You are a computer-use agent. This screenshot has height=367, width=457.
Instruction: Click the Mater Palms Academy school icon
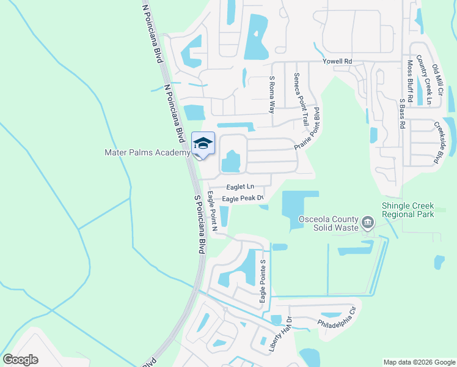coord(203,144)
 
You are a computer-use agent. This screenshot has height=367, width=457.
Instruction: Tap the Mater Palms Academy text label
coord(147,153)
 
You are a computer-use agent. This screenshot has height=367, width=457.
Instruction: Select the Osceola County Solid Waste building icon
coord(367,221)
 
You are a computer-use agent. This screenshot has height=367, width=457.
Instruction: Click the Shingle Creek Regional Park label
coord(408,210)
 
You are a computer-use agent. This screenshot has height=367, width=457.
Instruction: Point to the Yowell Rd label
coord(338,62)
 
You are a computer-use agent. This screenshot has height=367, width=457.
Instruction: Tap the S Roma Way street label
coord(272,94)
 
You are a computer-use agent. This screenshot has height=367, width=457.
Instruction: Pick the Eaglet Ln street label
coord(239,187)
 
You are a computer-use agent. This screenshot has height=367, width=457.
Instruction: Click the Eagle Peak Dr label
coord(242,198)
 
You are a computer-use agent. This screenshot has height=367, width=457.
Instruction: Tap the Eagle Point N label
coord(212,212)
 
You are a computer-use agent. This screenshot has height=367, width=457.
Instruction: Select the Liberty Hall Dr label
coord(281,334)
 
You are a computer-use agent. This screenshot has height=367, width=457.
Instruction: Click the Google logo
coord(20,360)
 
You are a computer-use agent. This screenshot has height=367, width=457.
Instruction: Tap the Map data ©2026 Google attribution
coord(419,362)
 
